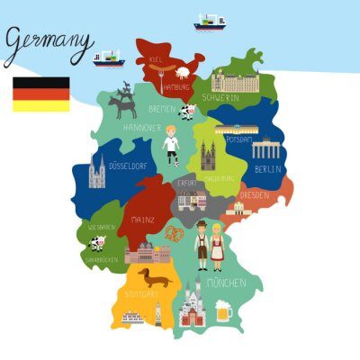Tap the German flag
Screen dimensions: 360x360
coord(40,94)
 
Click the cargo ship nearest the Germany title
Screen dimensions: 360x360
coord(107,59)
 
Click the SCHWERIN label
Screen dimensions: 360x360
coord(220,96)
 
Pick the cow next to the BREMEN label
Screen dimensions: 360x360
coord(187,112)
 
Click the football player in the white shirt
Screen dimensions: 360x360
coord(171,143)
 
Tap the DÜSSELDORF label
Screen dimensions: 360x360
coord(127,166)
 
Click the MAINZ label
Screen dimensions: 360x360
coord(141,220)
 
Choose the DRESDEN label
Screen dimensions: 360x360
coord(254,194)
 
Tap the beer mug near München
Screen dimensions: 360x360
coord(223,310)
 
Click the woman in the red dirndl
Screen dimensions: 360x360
coord(217,246)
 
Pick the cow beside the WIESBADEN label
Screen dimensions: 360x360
coord(96,242)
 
